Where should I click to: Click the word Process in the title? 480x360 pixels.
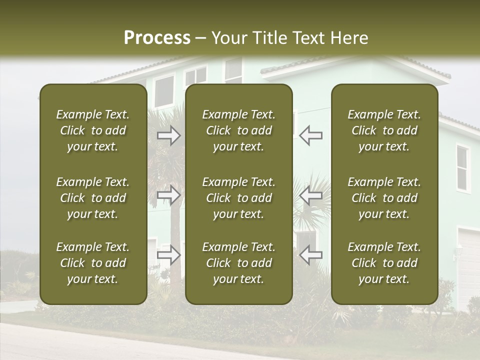coord(157,38)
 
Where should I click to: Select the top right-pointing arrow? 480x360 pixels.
coord(168,135)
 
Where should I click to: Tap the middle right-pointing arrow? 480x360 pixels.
coord(168,195)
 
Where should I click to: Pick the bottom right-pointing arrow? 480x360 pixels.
coord(168,255)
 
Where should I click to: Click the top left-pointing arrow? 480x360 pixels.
coord(310,135)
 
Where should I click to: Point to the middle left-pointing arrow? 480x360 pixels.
coord(310,195)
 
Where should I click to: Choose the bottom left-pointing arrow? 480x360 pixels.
coord(310,255)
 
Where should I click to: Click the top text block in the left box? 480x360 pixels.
coord(93,130)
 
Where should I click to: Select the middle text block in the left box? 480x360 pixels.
coord(93,198)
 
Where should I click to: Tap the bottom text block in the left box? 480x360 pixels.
coord(93,263)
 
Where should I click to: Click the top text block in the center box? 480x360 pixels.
coord(238,130)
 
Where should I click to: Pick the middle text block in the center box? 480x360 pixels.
coord(238,198)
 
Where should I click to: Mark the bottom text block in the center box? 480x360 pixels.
coord(238,263)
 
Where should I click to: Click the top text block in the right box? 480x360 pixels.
coord(384,130)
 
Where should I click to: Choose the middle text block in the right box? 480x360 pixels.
coord(384,198)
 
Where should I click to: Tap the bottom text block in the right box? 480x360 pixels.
coord(384,263)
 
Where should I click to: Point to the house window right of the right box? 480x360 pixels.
coord(462,168)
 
